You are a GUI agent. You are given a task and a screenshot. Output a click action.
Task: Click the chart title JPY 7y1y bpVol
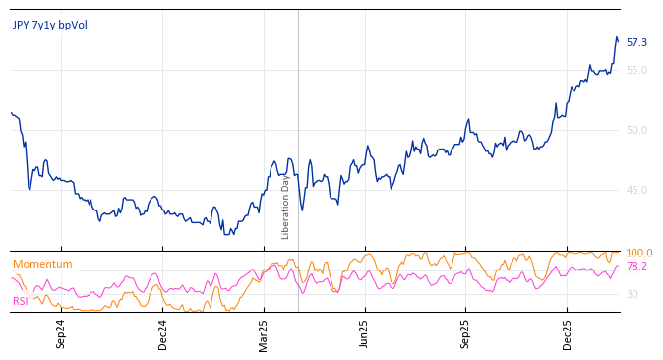click(x=50, y=25)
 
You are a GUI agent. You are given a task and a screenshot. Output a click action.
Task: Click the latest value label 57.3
click(x=636, y=42)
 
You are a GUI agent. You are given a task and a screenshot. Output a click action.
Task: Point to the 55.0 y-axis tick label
click(x=636, y=70)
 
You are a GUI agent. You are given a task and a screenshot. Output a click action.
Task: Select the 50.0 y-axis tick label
click(x=636, y=130)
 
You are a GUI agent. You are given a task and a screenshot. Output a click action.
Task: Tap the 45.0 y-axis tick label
click(x=636, y=190)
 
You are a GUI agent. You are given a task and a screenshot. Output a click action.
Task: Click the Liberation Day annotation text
click(x=286, y=207)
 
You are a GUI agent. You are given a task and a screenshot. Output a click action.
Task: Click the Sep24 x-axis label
click(x=61, y=333)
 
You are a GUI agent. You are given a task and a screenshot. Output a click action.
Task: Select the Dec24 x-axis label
click(x=163, y=333)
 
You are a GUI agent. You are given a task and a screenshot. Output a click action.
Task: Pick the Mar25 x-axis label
click(x=264, y=333)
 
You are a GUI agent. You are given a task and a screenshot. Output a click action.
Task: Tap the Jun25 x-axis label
click(x=365, y=333)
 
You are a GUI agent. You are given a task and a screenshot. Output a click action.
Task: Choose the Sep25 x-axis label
click(x=466, y=333)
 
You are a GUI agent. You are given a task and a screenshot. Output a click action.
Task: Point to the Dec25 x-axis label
click(x=568, y=333)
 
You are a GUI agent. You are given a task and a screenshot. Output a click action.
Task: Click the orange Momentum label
click(x=42, y=264)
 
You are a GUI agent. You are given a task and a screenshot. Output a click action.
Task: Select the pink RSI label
click(x=20, y=301)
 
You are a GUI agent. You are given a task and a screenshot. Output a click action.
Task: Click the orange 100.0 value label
click(x=639, y=253)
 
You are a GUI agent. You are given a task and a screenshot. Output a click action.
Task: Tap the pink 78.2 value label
click(x=636, y=266)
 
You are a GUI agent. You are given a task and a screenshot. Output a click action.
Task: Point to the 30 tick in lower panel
click(x=632, y=294)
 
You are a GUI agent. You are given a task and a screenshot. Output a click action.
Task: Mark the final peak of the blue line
click(x=617, y=37)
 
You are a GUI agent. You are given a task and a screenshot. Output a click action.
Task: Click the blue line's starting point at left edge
click(x=11, y=112)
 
